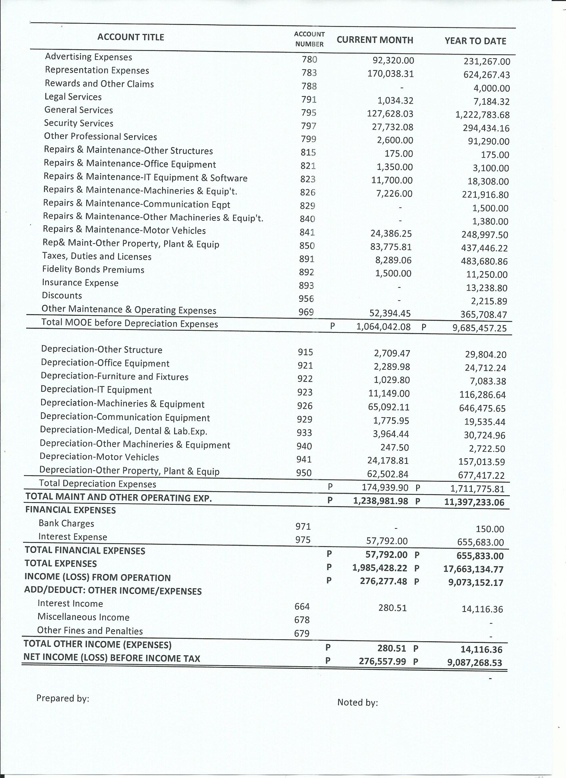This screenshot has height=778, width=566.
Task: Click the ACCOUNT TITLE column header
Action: point(131,37)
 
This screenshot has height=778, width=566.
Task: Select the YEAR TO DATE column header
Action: point(475,41)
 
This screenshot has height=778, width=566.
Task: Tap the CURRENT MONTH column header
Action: point(375,40)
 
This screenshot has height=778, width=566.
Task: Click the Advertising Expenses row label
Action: point(89,57)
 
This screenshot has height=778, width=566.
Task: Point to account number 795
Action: point(309,113)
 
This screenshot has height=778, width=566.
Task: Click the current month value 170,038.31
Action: point(390,74)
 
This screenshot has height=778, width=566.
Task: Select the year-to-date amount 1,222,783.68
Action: point(482,115)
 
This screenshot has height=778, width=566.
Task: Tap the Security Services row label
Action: point(79,123)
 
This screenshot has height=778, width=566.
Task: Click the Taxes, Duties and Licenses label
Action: point(97,257)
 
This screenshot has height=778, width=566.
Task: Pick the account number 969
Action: point(306,312)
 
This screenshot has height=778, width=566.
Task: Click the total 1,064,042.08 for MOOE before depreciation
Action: point(383,327)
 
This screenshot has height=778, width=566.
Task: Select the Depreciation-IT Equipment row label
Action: point(96,390)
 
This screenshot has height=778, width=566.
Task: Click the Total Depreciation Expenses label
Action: point(98,484)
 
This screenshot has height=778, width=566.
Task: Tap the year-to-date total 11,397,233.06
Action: point(474,502)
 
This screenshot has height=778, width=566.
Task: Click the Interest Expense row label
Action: point(73,537)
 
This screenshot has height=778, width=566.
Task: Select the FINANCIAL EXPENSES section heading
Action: point(70,510)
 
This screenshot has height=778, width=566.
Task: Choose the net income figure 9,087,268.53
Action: point(474,663)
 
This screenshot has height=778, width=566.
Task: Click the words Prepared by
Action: point(63,698)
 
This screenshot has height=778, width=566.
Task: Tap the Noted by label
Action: point(357,702)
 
